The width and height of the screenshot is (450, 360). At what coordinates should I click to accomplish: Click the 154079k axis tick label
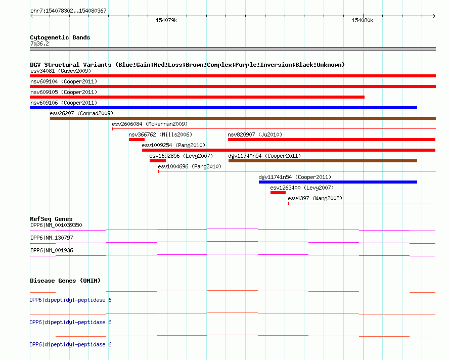coord(166,20)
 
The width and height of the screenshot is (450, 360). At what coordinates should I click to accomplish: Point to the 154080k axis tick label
coord(363,20)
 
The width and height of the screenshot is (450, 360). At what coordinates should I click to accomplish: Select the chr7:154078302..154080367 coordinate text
coord(68,11)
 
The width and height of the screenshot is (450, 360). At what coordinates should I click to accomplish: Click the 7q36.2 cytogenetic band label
coord(39,43)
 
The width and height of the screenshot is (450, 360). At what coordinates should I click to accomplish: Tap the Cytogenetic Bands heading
coord(60,37)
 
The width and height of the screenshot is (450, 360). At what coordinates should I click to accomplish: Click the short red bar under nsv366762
coord(137,140)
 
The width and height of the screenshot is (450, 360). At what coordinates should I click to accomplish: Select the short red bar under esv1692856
coord(158,161)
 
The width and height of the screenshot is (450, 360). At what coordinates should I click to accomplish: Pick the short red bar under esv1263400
coord(278,193)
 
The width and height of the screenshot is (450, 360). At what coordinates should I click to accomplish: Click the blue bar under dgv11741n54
coord(338,182)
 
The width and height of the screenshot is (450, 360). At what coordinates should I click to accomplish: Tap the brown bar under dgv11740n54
coord(323,161)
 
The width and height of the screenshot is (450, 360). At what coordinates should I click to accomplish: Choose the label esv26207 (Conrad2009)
coord(81,113)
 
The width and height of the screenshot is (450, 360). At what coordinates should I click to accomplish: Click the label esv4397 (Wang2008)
coord(315,198)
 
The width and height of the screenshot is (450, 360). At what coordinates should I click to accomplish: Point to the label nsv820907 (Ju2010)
coord(255,134)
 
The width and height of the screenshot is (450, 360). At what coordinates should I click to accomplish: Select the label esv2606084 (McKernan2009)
coord(150,124)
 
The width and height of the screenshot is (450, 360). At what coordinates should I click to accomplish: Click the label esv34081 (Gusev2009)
coord(61,71)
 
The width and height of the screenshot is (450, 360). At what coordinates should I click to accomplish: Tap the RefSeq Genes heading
coord(51,219)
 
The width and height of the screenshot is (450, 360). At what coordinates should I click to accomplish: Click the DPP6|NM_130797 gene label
coord(52,238)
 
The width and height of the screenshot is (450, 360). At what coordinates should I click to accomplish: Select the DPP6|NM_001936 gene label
coord(52,250)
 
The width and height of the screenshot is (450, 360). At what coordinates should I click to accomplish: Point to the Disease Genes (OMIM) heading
coord(65,281)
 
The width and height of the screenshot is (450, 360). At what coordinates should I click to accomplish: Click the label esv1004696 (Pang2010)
coord(190,166)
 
